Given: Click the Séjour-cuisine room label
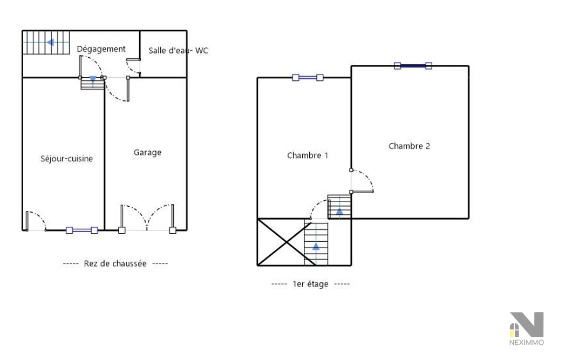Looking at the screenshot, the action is pos(66,159).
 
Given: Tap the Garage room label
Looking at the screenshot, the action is pos(147,153).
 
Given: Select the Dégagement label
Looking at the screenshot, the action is pos(101,49).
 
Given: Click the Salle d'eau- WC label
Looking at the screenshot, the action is pos(179,51).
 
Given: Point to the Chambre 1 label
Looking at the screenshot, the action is pos(308,155).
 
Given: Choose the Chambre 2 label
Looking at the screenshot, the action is pos(409,146).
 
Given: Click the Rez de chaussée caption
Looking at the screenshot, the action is pos(115,263).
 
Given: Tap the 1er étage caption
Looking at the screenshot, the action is pos(311,284).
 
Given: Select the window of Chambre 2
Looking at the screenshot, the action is pos(413,66).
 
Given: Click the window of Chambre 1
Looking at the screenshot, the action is pos(308,78).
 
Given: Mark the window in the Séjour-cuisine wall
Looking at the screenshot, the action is pos(81,230).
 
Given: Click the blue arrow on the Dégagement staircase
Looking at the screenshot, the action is pos(51,43).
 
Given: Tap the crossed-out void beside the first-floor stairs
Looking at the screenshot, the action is pos(281,242).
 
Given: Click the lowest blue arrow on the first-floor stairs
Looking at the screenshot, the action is pos(316,246).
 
